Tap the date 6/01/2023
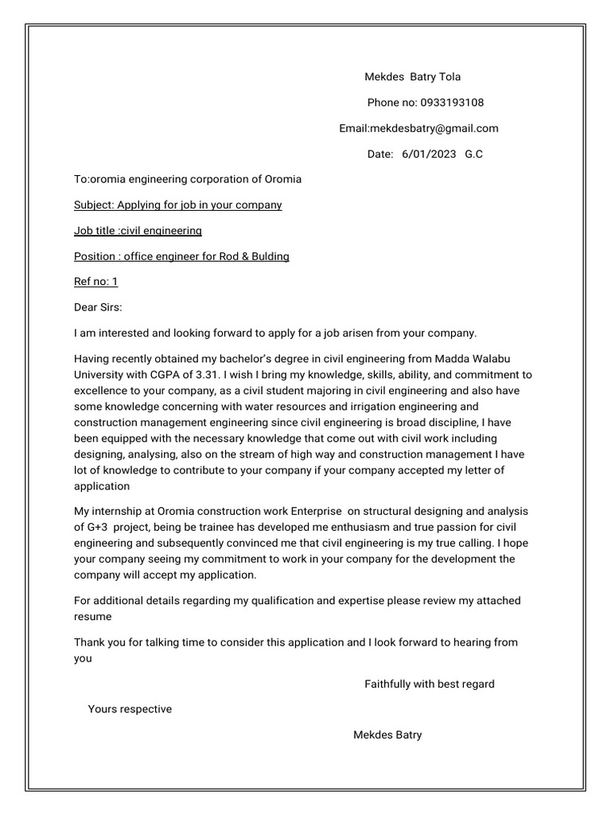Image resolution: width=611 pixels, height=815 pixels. coord(429,154)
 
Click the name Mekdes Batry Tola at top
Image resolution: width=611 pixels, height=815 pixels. coord(412,77)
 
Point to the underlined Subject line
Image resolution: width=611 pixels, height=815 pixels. coord(177,205)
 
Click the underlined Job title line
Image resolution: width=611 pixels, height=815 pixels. coord(138,231)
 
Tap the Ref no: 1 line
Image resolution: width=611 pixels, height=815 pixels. coord(95,282)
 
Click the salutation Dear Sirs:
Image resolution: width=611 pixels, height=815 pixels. coord(99,307)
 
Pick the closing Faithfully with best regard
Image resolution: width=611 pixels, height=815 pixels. coord(429,684)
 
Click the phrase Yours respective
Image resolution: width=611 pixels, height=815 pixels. coord(130,709)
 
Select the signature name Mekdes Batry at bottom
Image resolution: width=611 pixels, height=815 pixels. coord(387,735)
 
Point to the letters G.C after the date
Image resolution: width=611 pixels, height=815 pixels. coord(473,154)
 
